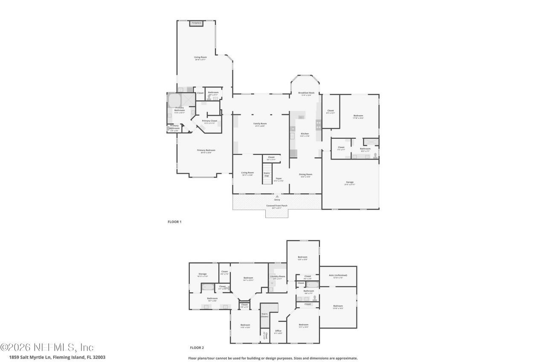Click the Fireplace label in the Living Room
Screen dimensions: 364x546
pos(196,23)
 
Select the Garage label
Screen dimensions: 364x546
pos(350,183)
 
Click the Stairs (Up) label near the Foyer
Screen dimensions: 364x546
pos(267,174)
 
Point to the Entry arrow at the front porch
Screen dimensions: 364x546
pos(277,197)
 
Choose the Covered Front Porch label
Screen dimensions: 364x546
pos(277,206)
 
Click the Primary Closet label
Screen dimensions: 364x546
pos(209,121)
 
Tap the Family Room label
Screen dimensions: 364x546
pos(260,124)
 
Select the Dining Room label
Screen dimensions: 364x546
pos(305,175)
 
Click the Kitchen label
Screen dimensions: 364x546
pos(305,134)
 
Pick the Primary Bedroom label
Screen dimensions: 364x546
pos(206,150)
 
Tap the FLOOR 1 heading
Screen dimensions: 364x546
pos(174,222)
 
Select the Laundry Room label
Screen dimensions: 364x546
pos(278,277)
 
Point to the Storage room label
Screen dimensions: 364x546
pos(202,274)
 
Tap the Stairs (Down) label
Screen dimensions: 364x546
pos(264,315)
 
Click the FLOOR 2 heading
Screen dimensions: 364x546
pos(197,348)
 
